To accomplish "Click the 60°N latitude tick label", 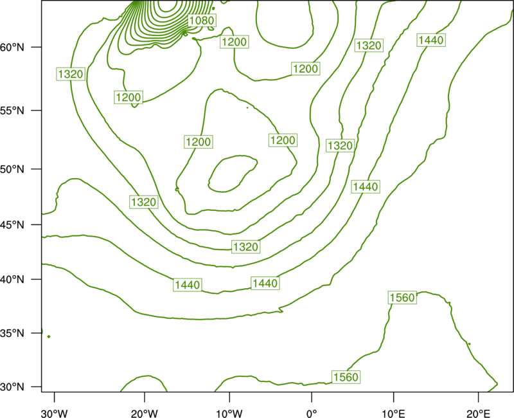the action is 12,48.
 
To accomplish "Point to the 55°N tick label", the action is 12,111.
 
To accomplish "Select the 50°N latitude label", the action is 12,169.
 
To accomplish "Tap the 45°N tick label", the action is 12,225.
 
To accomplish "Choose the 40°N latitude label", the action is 12,280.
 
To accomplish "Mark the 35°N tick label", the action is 12,333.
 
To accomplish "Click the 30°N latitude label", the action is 12,387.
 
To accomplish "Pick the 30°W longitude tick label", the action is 54,413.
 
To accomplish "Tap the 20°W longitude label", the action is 144,413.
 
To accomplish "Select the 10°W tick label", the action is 229,413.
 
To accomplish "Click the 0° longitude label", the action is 312,413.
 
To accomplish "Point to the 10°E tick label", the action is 393,413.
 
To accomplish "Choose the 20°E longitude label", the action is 478,413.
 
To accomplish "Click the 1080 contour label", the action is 202,21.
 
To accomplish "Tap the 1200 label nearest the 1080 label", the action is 234,42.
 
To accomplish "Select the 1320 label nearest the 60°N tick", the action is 71,74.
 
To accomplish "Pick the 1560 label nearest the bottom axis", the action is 346,377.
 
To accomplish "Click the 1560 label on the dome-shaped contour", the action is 402,298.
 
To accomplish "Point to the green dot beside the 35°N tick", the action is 49,336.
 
